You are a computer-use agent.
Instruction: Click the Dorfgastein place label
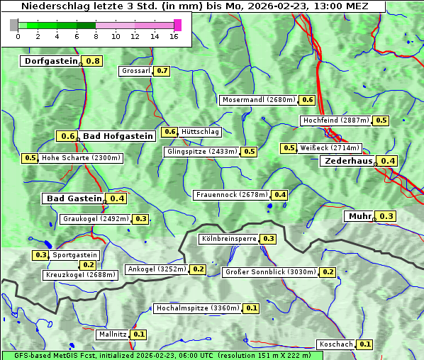point(50,61)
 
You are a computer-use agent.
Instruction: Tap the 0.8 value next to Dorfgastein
point(93,61)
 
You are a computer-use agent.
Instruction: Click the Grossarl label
point(135,71)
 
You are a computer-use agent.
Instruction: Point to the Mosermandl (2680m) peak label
point(258,100)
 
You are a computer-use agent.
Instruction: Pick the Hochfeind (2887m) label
point(335,120)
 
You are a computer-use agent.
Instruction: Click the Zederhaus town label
point(348,161)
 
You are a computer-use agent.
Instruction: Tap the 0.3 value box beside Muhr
point(386,216)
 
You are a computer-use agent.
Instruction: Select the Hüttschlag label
point(200,132)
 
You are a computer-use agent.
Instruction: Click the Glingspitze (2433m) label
point(202,152)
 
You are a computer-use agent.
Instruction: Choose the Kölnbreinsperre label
point(228,239)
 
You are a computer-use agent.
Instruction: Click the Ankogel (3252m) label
point(156,269)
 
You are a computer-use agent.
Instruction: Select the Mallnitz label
point(112,334)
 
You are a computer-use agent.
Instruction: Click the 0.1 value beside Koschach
point(365,344)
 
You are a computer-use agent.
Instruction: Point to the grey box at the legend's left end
point(14,25)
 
